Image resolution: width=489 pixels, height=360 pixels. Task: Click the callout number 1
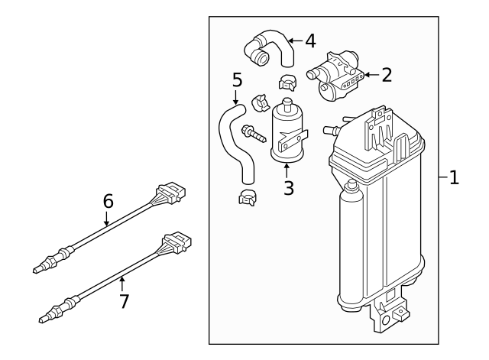point(454,178)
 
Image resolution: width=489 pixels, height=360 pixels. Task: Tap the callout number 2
point(387,74)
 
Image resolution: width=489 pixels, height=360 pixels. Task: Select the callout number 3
point(288,187)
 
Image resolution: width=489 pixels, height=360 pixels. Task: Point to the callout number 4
point(310,41)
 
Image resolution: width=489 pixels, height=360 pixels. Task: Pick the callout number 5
point(237,79)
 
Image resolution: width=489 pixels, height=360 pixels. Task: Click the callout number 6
point(108,201)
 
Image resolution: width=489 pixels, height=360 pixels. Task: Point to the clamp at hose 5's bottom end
point(248,199)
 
